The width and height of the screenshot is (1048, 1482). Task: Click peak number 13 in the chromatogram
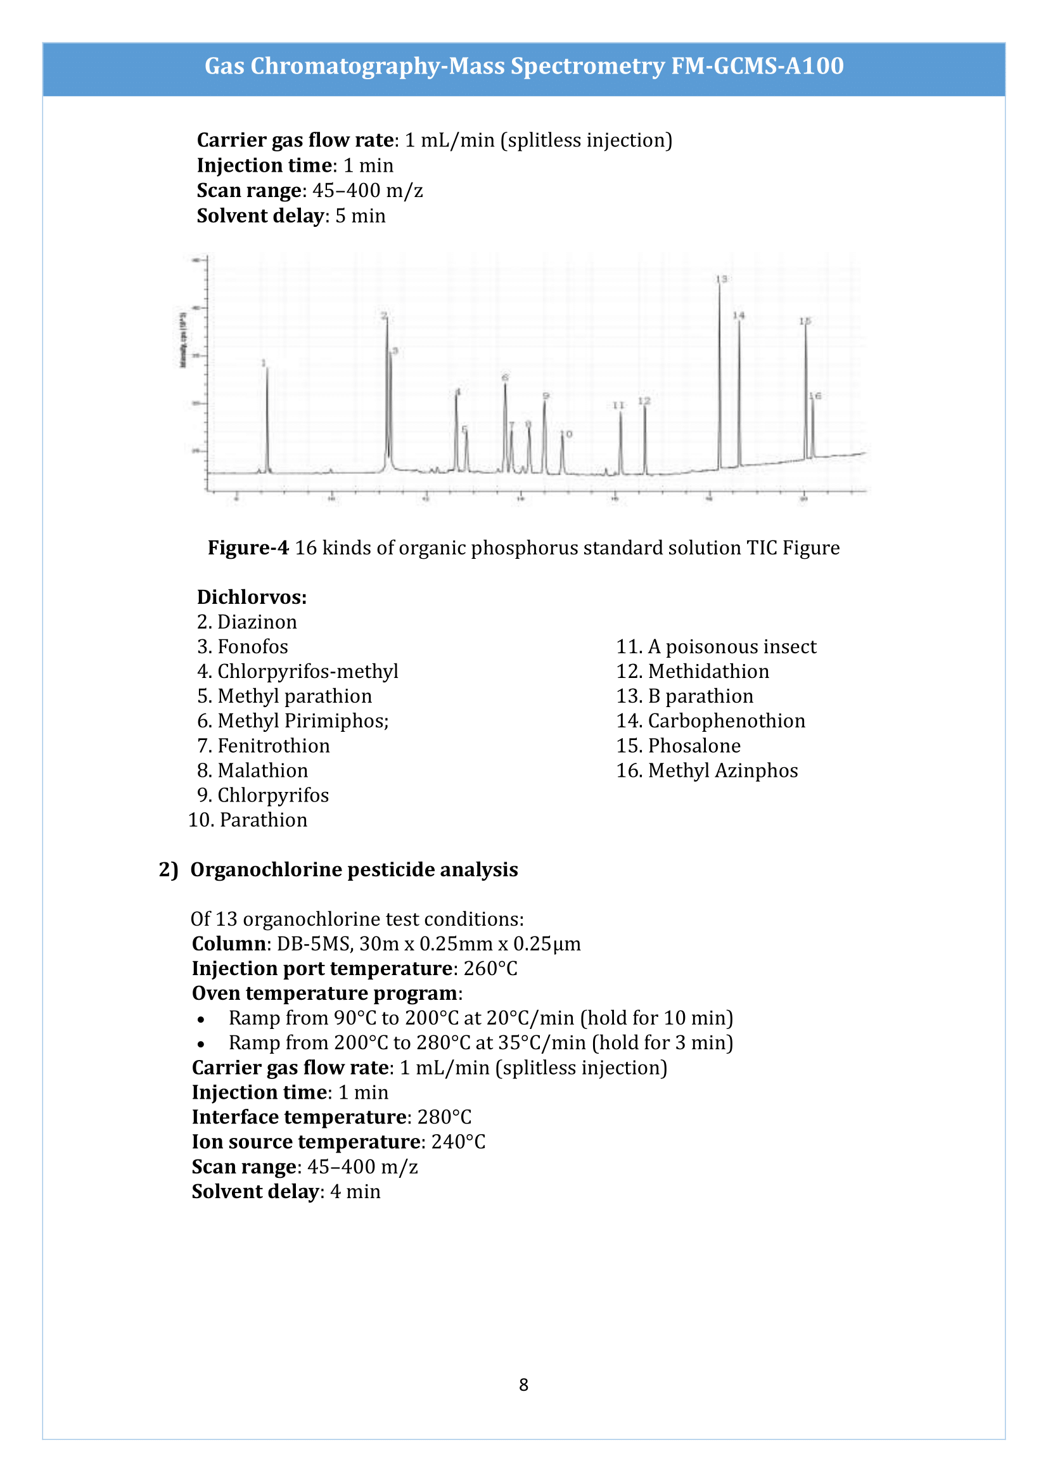(721, 279)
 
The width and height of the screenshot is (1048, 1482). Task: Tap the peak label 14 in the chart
(738, 316)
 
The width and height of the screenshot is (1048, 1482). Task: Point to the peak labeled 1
(264, 364)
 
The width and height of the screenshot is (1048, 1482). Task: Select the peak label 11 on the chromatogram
(618, 406)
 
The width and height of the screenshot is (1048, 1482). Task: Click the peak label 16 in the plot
(815, 396)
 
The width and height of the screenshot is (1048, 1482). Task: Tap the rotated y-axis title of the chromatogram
(182, 340)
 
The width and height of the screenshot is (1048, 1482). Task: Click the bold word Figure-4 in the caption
(248, 548)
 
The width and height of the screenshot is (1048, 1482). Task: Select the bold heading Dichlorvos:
(252, 597)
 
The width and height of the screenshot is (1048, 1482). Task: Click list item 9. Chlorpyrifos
(263, 795)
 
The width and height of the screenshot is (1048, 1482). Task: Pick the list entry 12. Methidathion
(692, 671)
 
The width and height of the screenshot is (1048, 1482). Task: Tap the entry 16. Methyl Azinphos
(706, 770)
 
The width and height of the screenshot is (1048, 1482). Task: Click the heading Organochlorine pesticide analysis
(354, 870)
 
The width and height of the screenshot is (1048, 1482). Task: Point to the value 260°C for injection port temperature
(490, 969)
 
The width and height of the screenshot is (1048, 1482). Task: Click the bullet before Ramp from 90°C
(201, 1020)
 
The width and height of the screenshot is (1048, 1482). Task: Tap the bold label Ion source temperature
(306, 1142)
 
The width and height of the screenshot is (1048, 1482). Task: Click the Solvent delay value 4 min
(355, 1192)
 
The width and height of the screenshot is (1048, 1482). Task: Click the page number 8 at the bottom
(523, 1384)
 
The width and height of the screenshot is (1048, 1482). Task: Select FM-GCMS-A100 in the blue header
(757, 67)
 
